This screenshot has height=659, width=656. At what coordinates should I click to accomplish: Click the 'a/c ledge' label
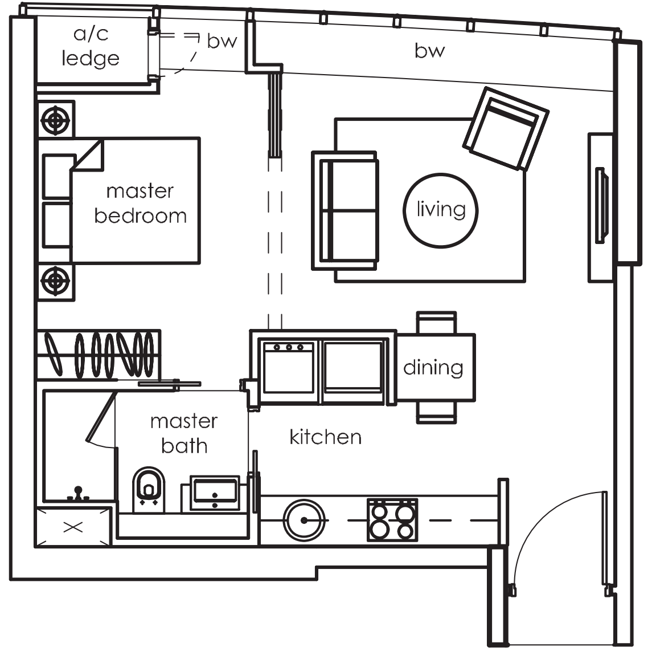pos(91,46)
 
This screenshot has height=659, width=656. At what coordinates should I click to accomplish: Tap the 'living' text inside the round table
pos(441,209)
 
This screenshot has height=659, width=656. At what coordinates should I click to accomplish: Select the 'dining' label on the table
pos(433,367)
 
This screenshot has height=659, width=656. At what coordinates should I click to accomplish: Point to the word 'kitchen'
pos(326,437)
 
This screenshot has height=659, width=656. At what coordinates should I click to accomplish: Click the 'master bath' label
pos(184,433)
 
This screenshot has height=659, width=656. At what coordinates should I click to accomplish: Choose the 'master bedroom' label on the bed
pos(140,204)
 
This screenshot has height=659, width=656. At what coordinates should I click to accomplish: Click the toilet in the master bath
pos(148,490)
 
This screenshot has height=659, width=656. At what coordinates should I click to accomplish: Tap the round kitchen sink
pos(304,520)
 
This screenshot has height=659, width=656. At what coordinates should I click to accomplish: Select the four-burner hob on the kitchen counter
pos(392,520)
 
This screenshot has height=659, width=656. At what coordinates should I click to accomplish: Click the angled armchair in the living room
pos(506,129)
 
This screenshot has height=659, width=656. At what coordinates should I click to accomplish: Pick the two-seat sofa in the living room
pos(345,210)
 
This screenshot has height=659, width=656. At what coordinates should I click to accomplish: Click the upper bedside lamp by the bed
pos(55,120)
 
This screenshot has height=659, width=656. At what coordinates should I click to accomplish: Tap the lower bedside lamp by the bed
pos(55,280)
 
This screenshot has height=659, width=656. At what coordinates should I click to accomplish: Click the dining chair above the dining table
pos(437,322)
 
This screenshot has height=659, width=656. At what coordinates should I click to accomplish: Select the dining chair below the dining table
pos(437,412)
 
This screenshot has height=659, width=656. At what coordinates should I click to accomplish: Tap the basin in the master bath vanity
pos(215,493)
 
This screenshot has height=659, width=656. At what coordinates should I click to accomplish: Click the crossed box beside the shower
pos(73,527)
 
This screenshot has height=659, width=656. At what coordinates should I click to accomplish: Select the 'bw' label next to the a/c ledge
pos(222,41)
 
